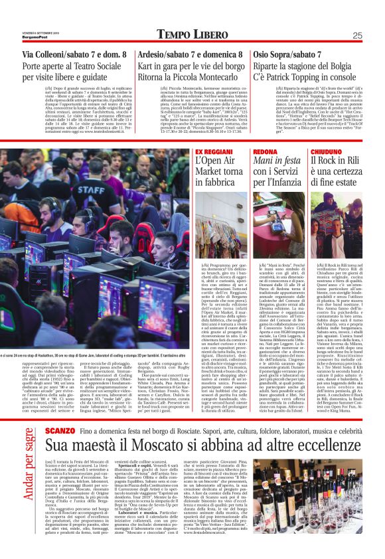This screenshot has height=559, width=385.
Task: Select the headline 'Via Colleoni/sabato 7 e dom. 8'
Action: pos(74,54)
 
